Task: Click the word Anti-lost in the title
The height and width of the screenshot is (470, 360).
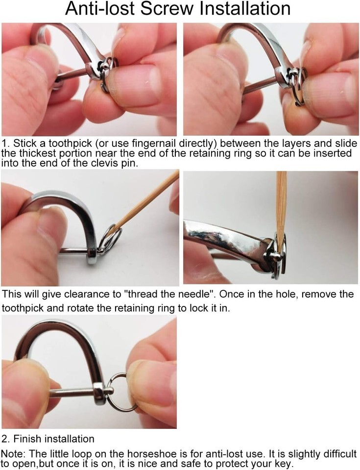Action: pos(100,8)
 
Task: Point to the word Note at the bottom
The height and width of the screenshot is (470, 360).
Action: pos(14,453)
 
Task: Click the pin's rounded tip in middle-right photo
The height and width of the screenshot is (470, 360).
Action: pos(275,256)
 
